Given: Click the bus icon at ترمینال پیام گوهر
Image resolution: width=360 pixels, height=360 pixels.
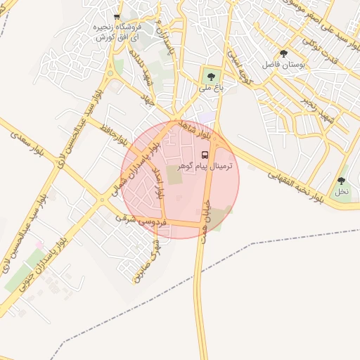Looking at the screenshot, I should tap(205, 154).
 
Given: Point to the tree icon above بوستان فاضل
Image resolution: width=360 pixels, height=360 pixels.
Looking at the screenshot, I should tap(283, 53).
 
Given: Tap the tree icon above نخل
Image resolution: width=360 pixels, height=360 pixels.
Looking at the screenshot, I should tap(341, 181).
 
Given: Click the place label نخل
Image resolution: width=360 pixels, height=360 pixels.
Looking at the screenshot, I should tap(341, 191).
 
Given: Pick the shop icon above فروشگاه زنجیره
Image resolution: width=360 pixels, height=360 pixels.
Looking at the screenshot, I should tap(117, 17).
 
